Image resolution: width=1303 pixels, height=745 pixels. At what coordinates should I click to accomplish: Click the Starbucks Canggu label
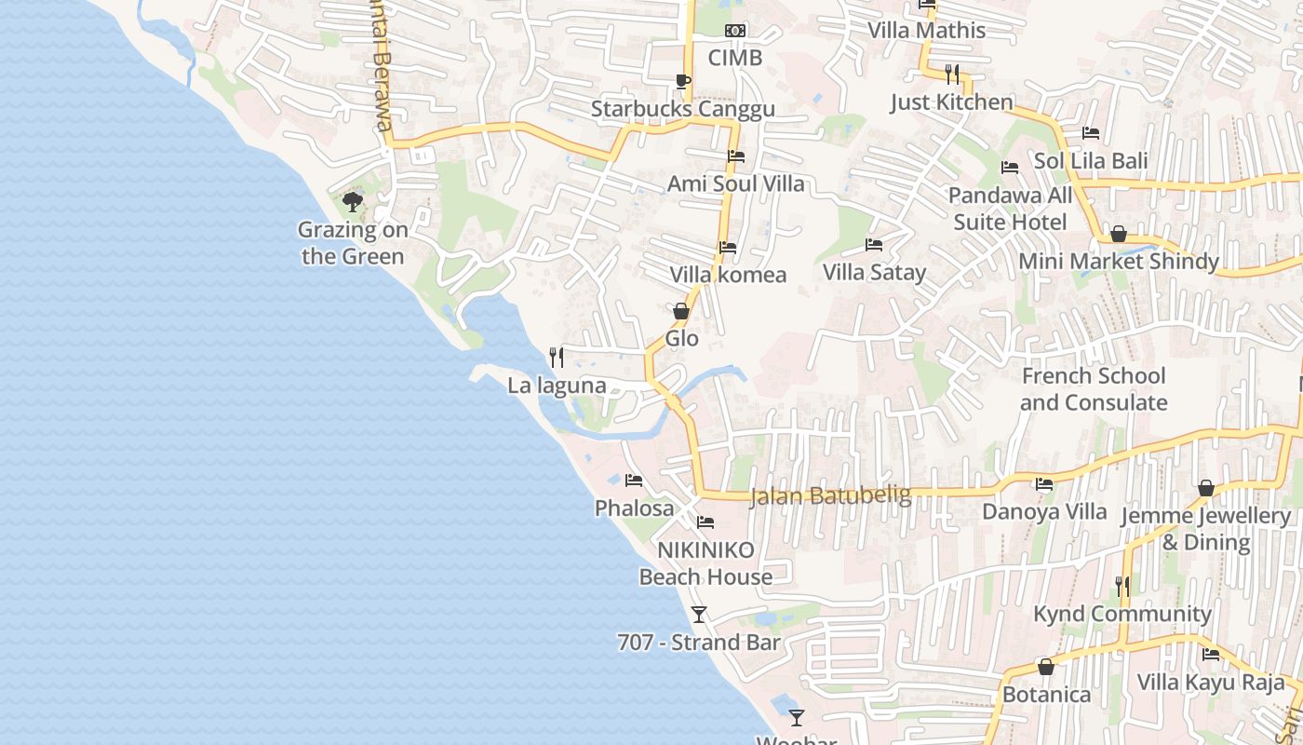(683, 109)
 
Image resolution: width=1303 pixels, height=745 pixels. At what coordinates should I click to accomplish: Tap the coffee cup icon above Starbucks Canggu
(682, 81)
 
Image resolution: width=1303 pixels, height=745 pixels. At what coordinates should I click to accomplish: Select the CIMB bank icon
(735, 31)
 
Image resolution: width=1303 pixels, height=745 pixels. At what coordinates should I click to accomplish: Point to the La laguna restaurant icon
(557, 357)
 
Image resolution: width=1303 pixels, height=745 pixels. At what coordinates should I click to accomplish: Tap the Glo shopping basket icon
(681, 311)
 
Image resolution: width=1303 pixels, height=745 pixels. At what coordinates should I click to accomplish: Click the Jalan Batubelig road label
(830, 495)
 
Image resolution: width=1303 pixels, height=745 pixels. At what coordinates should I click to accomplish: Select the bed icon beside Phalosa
(634, 481)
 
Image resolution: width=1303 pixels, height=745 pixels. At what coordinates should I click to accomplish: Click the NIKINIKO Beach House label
(705, 563)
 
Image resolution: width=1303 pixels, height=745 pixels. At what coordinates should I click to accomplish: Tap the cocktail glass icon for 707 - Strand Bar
(699, 615)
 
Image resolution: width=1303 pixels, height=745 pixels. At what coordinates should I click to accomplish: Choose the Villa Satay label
(874, 272)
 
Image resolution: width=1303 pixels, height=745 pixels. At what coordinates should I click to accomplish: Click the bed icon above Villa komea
(728, 248)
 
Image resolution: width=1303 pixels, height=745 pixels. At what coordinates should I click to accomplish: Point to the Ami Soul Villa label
(735, 183)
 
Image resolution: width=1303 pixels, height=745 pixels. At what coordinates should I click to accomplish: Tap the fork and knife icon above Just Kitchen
(951, 74)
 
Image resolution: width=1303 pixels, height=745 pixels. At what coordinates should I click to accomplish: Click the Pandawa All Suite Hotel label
(1010, 209)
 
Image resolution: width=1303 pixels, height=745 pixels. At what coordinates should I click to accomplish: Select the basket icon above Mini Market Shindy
(1119, 234)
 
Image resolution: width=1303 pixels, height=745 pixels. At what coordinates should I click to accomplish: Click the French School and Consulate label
(1094, 389)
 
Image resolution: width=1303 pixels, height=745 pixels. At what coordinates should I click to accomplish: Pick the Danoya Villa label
(1044, 511)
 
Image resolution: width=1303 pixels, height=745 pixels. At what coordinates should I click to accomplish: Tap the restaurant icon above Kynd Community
(1122, 586)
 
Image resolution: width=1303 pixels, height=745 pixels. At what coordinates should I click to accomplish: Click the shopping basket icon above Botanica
(1046, 667)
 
